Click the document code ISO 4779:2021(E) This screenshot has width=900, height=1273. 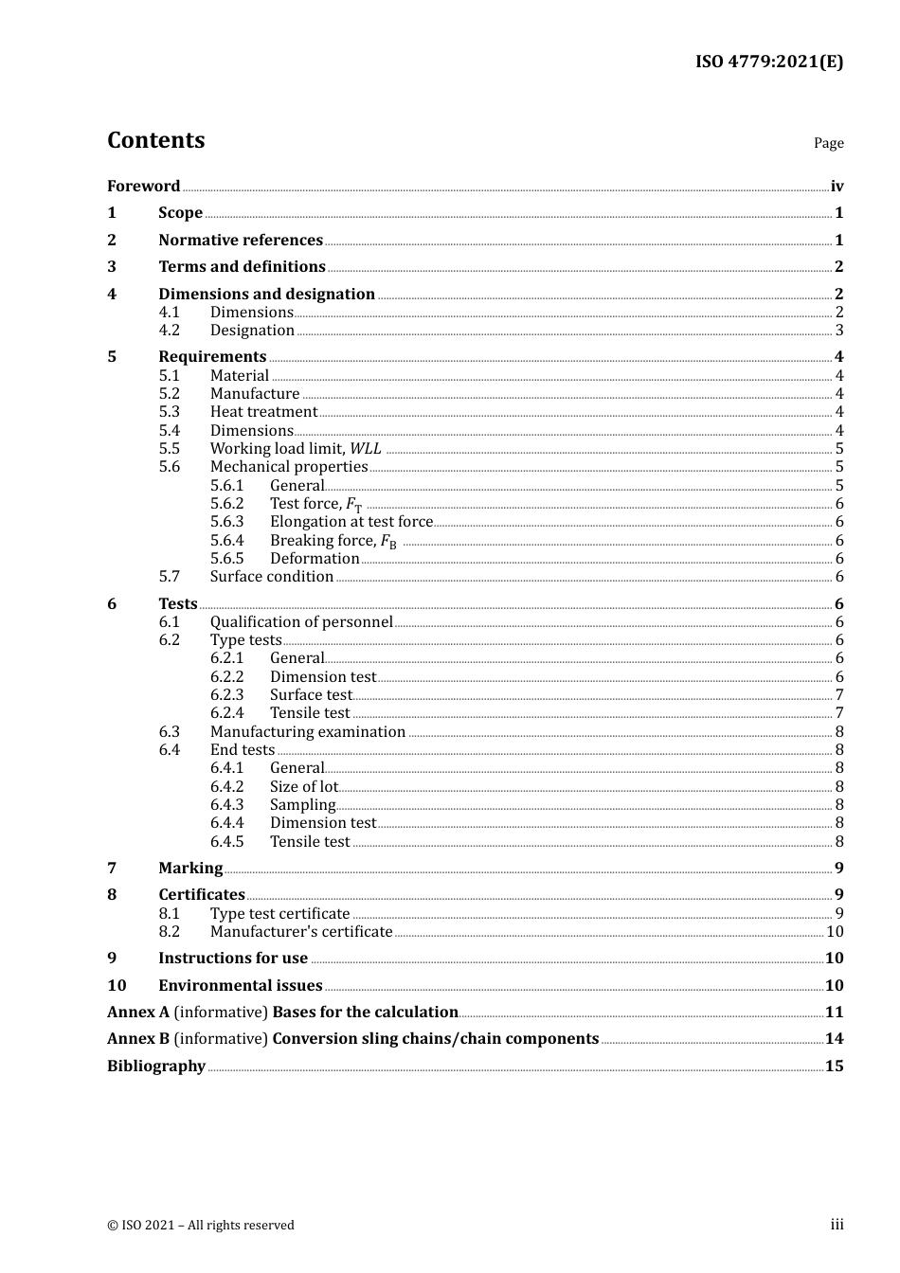[x=768, y=62]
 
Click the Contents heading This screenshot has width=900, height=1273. [x=155, y=140]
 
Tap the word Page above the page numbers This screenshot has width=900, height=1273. [x=828, y=143]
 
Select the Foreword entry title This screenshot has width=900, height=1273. [x=143, y=186]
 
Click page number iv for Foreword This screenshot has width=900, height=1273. [x=837, y=186]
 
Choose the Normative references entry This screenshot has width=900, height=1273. [x=241, y=240]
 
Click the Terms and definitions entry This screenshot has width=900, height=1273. [x=242, y=266]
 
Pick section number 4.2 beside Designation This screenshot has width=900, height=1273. [x=169, y=330]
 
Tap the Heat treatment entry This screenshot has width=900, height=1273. [x=263, y=411]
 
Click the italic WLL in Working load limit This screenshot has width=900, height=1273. [x=366, y=448]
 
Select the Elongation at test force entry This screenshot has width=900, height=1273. [x=351, y=521]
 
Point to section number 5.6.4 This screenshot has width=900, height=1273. [x=226, y=540]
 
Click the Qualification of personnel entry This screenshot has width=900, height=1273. [x=301, y=621]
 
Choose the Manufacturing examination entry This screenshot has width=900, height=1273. [x=308, y=731]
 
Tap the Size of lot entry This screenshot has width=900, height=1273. [x=303, y=786]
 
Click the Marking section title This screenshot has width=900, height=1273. [x=190, y=868]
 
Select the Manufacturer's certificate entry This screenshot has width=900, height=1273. [x=301, y=931]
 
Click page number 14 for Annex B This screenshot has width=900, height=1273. [x=834, y=1038]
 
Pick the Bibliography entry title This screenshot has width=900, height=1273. [x=156, y=1066]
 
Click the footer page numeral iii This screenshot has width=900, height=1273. [x=837, y=1225]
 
